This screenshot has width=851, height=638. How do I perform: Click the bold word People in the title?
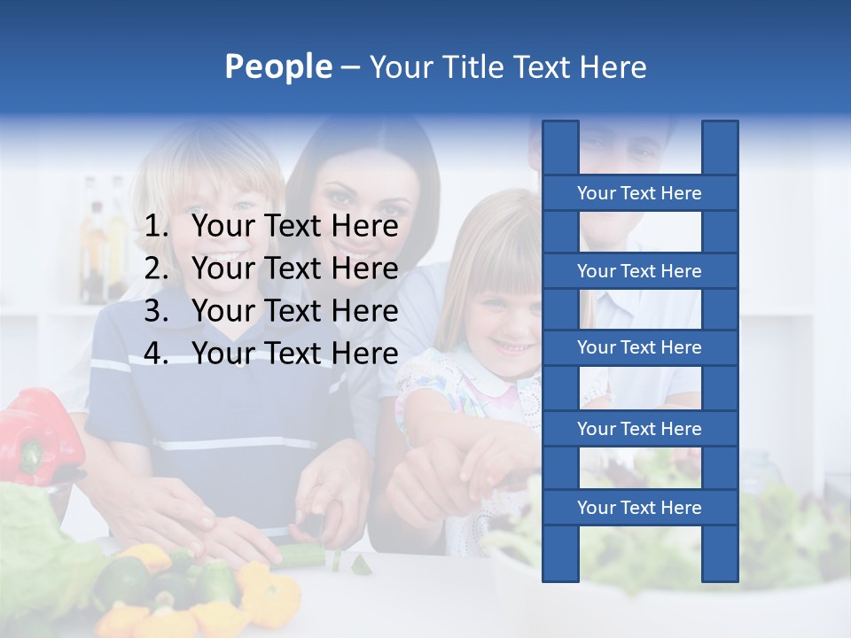coord(277,66)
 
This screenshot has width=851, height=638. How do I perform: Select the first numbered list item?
coord(294,227)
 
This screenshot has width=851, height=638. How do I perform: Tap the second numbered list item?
coord(294,268)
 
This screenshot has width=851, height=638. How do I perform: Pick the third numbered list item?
coord(294,311)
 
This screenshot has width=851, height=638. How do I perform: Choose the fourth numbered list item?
coord(294,354)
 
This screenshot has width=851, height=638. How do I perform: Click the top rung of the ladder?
coord(639,193)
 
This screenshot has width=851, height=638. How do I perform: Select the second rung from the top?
coord(639,271)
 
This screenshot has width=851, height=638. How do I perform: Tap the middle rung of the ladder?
coord(639,347)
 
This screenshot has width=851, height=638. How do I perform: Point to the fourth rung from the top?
coord(639,429)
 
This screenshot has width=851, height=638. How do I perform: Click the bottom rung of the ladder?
coord(639,508)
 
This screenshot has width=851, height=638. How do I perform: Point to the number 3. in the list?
coord(156,311)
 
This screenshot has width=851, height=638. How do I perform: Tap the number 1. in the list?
coord(156,227)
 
